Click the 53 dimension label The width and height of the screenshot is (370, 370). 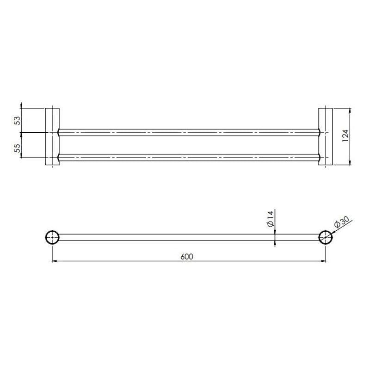click(x=17, y=121)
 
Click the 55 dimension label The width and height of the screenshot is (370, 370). click(x=17, y=148)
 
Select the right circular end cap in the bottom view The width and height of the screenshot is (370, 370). click(x=326, y=237)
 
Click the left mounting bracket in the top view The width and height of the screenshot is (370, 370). click(x=52, y=136)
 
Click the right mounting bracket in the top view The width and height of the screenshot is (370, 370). click(x=326, y=136)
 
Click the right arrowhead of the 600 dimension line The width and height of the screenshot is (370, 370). click(x=324, y=261)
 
